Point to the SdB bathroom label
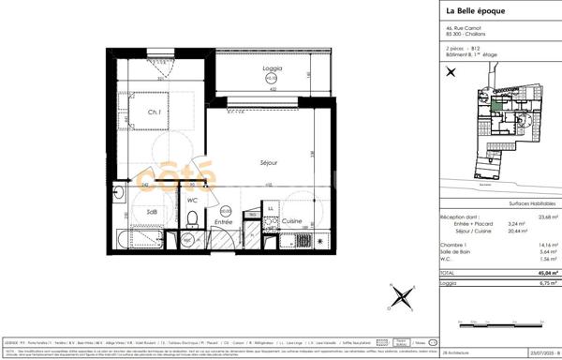151,213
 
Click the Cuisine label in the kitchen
291,220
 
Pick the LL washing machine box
271,208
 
